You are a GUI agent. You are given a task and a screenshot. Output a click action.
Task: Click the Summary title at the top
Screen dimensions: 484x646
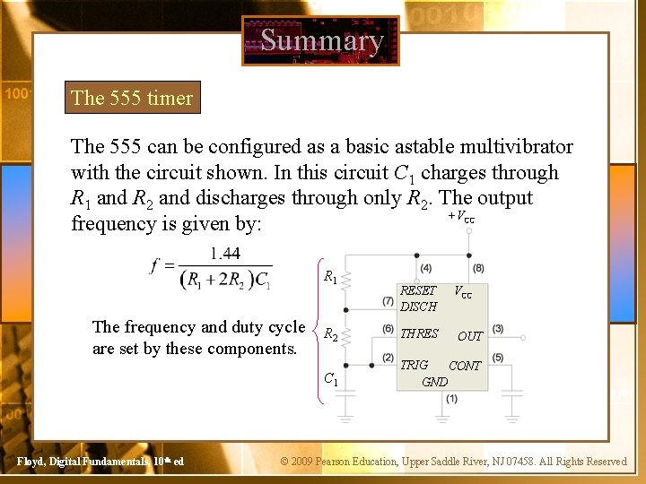point(321,40)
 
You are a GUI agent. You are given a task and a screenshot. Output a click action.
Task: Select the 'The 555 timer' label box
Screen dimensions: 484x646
point(132,98)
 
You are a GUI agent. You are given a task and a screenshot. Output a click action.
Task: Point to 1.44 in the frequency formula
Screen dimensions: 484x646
point(224,254)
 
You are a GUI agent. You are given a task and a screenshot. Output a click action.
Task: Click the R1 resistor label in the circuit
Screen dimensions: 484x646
point(329,278)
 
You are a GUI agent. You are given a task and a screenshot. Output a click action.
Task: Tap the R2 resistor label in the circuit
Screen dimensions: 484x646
point(329,335)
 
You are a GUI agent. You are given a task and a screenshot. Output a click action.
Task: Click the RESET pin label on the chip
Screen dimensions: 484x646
point(418,290)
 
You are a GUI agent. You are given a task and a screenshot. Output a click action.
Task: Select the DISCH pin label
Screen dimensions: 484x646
point(418,306)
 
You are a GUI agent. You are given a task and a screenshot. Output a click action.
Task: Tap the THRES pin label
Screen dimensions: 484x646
point(419,333)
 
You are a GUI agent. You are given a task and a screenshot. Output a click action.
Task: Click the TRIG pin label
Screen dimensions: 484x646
point(414,365)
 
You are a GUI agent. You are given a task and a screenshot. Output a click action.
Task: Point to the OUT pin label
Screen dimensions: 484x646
point(470,336)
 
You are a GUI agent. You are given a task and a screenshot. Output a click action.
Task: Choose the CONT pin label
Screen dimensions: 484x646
point(465,366)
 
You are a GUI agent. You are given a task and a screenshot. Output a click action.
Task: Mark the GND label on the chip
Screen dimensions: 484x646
point(434,381)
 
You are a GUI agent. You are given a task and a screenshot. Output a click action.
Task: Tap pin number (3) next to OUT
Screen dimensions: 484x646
point(497,329)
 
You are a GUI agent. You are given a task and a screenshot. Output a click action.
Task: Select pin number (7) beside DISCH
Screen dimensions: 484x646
point(388,300)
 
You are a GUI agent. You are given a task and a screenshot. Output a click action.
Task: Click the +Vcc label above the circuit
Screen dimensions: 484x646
point(461,216)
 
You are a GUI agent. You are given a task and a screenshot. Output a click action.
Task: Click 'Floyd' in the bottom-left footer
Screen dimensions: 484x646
point(33,461)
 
